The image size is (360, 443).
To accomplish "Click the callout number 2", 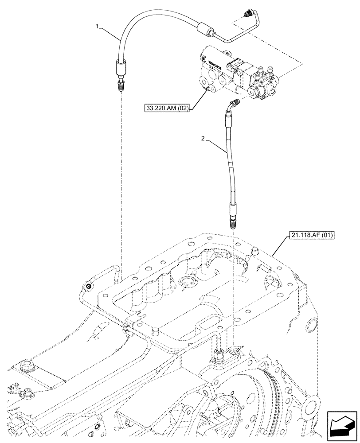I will (x=203, y=139).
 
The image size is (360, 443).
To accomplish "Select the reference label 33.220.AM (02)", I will (x=167, y=107).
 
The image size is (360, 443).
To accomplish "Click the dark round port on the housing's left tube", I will (x=89, y=287).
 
